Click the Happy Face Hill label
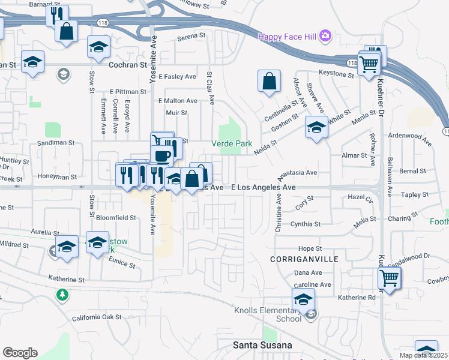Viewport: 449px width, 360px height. coord(288,37)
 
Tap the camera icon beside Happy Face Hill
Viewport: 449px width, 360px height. coord(325,35)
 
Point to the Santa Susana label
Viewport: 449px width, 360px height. coord(262,345)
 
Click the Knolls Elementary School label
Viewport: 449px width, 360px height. coord(272,314)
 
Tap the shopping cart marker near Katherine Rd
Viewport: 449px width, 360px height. coord(389,278)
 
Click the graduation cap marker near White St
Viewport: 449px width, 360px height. coord(316,127)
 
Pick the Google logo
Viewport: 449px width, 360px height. coord(20,352)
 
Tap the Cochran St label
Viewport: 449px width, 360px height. coord(127,64)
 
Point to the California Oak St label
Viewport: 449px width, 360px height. coord(97,317)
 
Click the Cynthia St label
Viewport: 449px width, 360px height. coord(306,224)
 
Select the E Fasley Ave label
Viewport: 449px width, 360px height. coord(178,77)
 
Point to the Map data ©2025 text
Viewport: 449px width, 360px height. coord(423,355)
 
